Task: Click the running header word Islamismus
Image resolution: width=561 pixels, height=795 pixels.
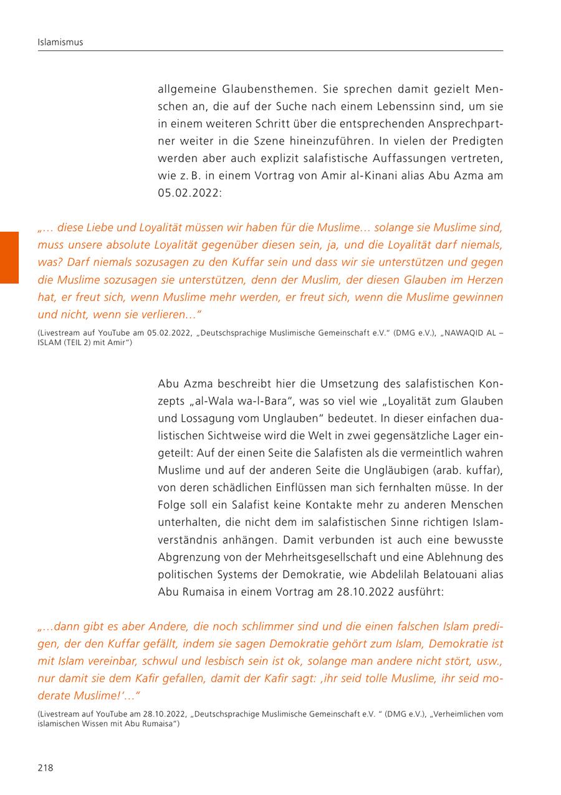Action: (60, 42)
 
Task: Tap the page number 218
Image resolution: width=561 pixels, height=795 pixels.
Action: (46, 768)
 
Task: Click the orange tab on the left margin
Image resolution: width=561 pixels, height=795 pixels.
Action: (9, 257)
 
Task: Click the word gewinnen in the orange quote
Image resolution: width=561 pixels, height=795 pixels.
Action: (477, 297)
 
